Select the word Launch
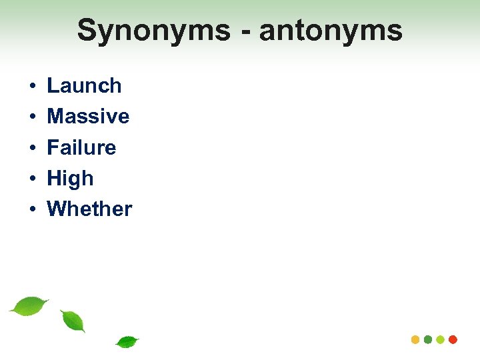(84, 86)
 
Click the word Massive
(88, 117)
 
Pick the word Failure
(81, 147)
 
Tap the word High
(70, 179)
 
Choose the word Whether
(89, 209)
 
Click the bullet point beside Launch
(31, 87)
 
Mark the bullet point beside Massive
(31, 117)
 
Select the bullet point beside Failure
(31, 148)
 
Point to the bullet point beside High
(31, 179)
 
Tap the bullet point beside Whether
(31, 209)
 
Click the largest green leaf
(29, 306)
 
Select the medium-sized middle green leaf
(73, 321)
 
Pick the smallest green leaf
(127, 342)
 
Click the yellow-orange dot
(416, 339)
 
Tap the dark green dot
(428, 339)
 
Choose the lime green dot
(440, 339)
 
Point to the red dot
(453, 339)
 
